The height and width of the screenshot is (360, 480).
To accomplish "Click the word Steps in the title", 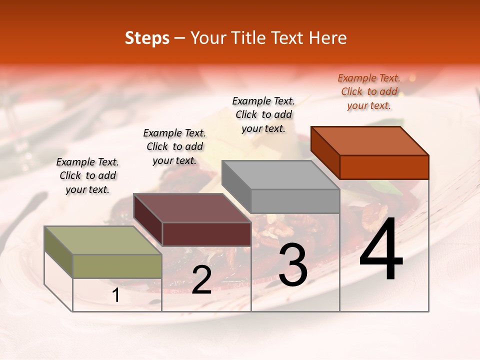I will click(x=147, y=38).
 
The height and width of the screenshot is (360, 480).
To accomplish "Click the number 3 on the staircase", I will click(x=293, y=265).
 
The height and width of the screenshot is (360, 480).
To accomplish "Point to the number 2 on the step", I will click(x=201, y=280).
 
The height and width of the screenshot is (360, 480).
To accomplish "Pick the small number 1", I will click(x=116, y=295).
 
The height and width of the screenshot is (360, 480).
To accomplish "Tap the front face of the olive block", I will click(x=117, y=266).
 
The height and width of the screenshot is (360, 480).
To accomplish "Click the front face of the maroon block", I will click(x=206, y=234).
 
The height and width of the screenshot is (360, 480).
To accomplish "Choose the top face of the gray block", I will click(x=280, y=175).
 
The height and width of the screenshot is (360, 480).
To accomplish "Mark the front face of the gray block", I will click(x=295, y=201).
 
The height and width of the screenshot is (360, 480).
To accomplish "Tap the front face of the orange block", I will click(x=384, y=167).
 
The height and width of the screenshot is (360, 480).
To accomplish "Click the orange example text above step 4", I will click(x=369, y=91).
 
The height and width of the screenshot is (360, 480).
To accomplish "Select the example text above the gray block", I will click(x=263, y=114).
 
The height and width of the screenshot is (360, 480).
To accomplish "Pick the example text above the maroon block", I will click(x=174, y=146).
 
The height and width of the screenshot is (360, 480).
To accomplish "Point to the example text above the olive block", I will click(x=87, y=175).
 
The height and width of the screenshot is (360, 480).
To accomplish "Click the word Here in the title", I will click(x=328, y=38).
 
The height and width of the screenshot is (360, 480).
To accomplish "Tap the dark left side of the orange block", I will click(x=325, y=152).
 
